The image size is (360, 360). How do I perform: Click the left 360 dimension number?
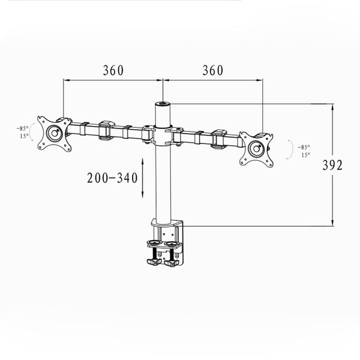pyautogui.click(x=113, y=70)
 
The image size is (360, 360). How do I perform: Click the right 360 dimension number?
pyautogui.click(x=213, y=70)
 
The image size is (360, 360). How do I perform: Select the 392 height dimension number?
pyautogui.click(x=332, y=165)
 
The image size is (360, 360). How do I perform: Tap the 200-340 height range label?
pyautogui.click(x=112, y=178)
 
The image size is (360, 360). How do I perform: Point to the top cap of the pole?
pyautogui.click(x=163, y=104)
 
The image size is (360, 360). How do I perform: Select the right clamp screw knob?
pyautogui.click(x=172, y=262)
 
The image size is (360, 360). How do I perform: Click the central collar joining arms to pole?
pyautogui.click(x=163, y=136)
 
